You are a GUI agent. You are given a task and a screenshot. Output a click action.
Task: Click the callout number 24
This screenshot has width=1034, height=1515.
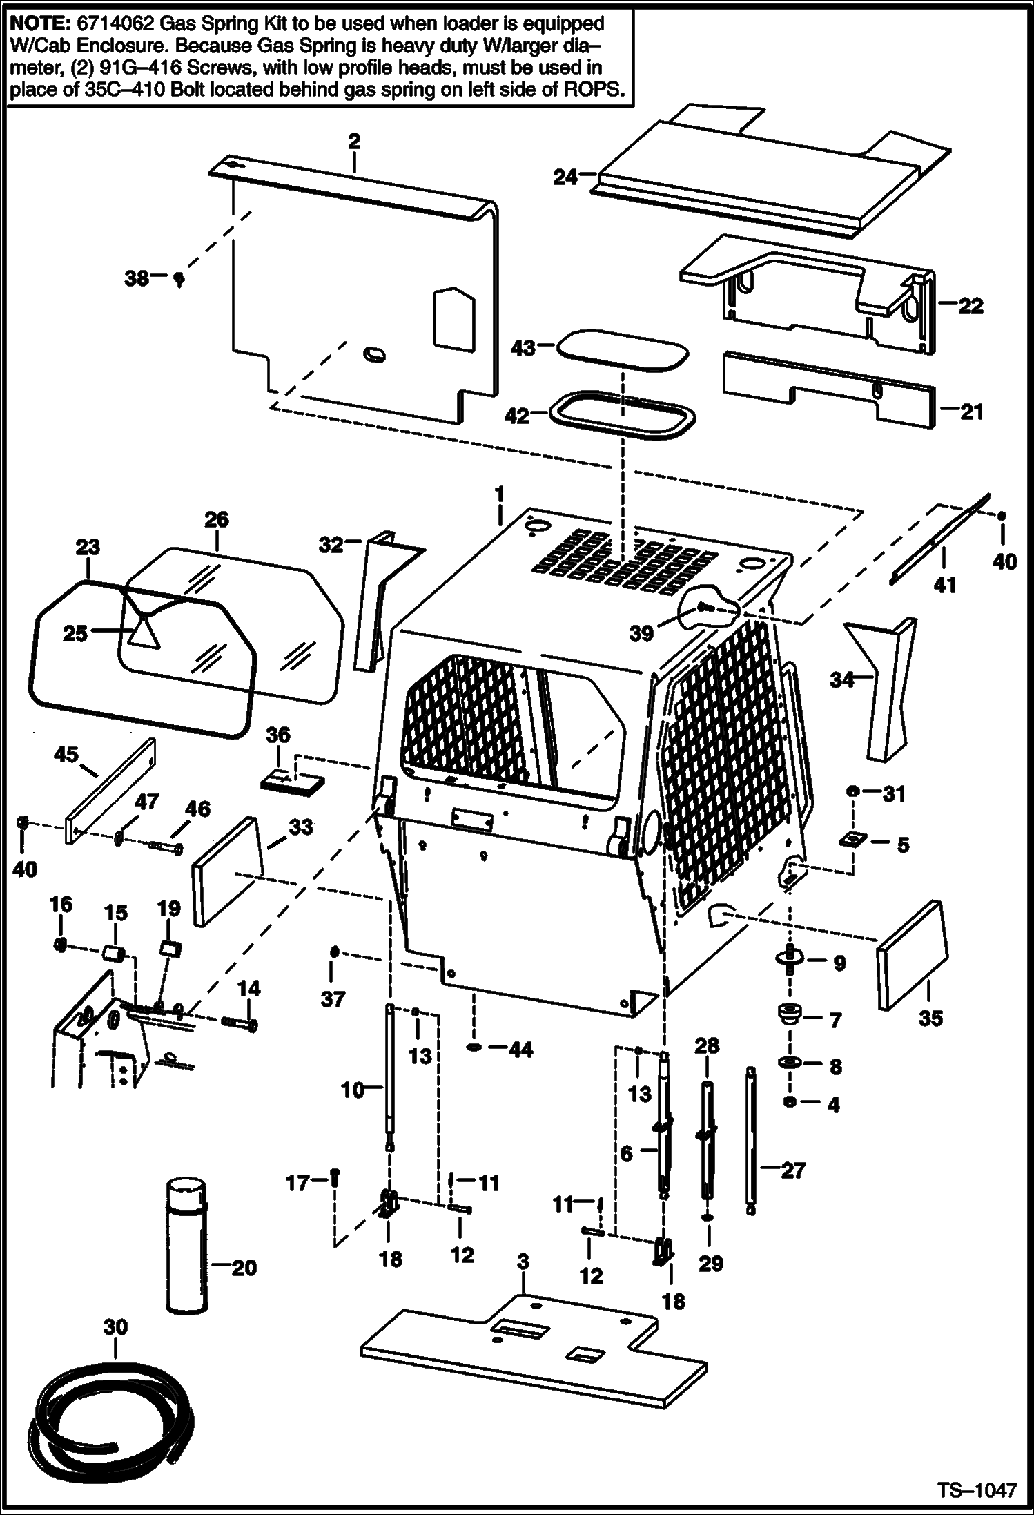[565, 177]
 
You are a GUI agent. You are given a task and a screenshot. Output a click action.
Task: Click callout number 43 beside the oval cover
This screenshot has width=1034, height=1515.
[523, 348]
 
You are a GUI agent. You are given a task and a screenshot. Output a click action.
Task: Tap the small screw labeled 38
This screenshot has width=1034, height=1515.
[179, 279]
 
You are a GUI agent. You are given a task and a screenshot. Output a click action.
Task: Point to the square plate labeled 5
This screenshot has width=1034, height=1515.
[852, 840]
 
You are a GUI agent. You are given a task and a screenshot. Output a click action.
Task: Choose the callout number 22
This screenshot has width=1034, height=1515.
[970, 305]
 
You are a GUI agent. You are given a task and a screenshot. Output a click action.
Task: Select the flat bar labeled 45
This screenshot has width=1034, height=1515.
[110, 791]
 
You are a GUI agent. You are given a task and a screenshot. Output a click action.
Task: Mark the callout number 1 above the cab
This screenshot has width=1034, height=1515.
[499, 494]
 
